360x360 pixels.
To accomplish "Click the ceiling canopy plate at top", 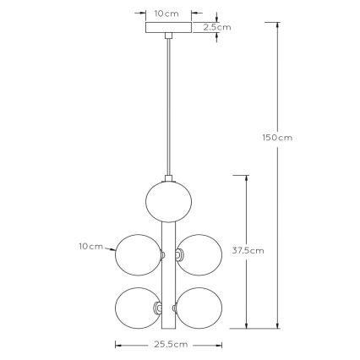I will point(166,28).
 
